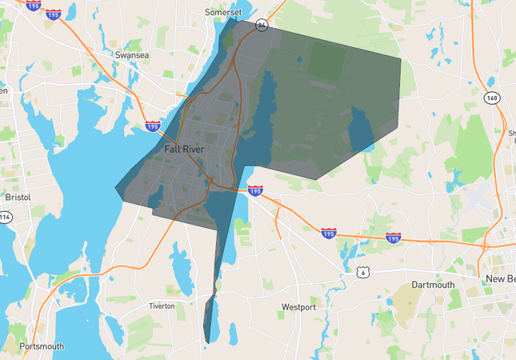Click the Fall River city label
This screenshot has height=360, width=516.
point(183,149)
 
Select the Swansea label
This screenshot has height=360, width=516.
point(133,56)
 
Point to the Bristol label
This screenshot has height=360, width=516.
point(17,197)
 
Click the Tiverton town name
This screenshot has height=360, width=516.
point(162,306)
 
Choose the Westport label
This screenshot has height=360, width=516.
point(298,306)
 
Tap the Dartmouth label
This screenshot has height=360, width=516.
point(433,285)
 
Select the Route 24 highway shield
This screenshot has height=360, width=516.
point(262,26)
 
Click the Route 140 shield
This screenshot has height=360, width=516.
point(492,98)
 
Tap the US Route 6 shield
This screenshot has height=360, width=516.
point(363,273)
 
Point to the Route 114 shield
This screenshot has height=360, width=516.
point(6,217)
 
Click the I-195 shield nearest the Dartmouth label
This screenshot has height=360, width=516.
point(393,238)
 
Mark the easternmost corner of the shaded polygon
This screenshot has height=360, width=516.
point(401,59)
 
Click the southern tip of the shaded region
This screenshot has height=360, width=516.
point(208,343)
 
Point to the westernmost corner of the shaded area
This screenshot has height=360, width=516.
point(116,190)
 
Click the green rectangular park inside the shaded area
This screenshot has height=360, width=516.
point(323,60)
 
